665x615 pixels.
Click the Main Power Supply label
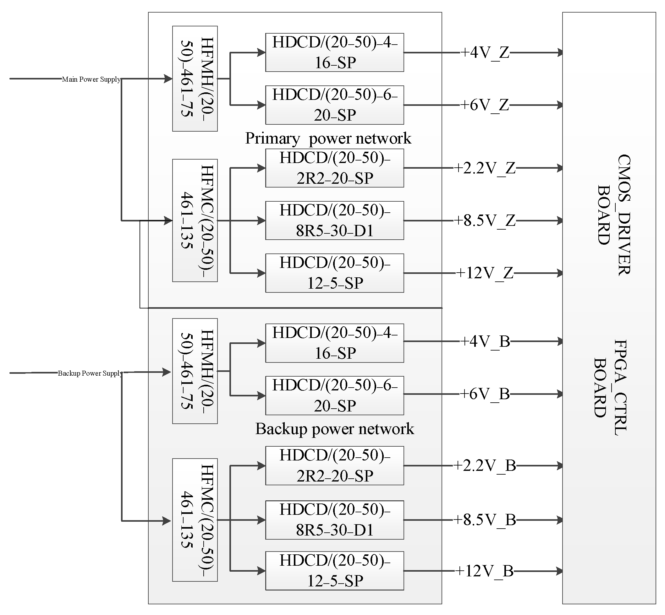pyautogui.click(x=91, y=79)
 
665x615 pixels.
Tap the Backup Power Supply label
pyautogui.click(x=90, y=373)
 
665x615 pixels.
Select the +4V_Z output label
pyautogui.click(x=485, y=52)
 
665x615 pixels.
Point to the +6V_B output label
pyautogui.click(x=485, y=394)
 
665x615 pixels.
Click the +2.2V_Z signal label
pyautogui.click(x=485, y=168)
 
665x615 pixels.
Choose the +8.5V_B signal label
pyautogui.click(x=485, y=520)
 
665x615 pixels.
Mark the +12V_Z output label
pyautogui.click(x=485, y=273)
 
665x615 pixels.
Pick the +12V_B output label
pyautogui.click(x=485, y=571)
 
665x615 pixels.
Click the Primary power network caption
pyautogui.click(x=328, y=138)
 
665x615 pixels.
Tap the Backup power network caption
pyautogui.click(x=334, y=429)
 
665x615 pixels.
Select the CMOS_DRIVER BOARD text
pyautogui.click(x=614, y=215)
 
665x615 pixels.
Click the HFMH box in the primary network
pyautogui.click(x=195, y=79)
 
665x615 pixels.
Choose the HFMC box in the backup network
pyautogui.click(x=195, y=520)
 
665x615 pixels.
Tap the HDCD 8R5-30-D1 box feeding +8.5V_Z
pyautogui.click(x=334, y=220)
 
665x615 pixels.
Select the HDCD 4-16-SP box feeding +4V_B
pyautogui.click(x=334, y=343)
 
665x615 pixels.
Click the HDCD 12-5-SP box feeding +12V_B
pyautogui.click(x=334, y=571)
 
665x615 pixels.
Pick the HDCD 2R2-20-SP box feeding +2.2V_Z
pyautogui.click(x=334, y=168)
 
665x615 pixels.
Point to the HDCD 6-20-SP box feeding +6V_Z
pyautogui.click(x=334, y=105)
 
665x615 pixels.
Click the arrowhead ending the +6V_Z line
pyautogui.click(x=559, y=105)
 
